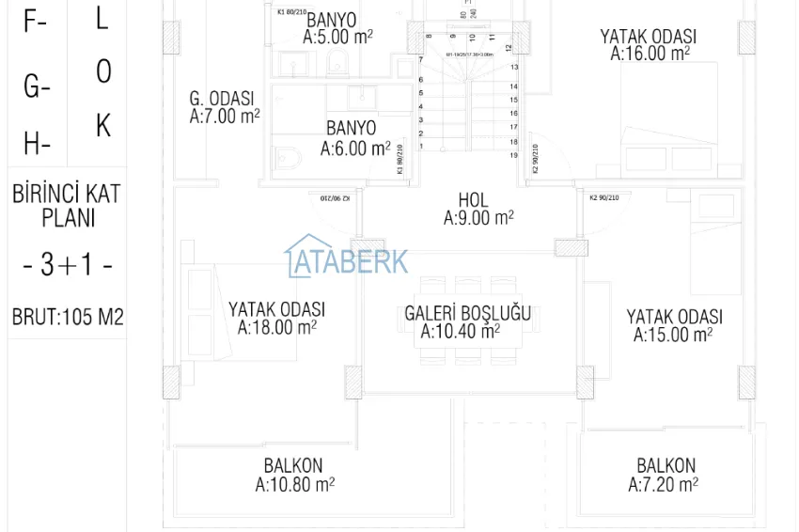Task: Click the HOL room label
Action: coord(473,200)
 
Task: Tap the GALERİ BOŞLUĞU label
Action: coord(467,313)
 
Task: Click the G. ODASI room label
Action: coord(222,99)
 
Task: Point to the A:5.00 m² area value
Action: coord(337,37)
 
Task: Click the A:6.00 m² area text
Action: coord(354,149)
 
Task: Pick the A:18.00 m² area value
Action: coord(276,327)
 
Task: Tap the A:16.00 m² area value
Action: coord(650,54)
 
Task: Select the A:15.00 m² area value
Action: coord(673,335)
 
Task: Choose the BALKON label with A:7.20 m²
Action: coord(666,465)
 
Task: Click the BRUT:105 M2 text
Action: coord(68,318)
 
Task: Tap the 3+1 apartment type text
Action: coord(68,266)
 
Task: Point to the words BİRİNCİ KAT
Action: coord(67,195)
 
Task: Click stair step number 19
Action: coord(513,155)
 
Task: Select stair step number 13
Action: coord(514,68)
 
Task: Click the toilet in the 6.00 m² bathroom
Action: coord(286,158)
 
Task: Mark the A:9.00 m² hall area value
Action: coord(478,218)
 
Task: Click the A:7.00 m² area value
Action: coord(225,117)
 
